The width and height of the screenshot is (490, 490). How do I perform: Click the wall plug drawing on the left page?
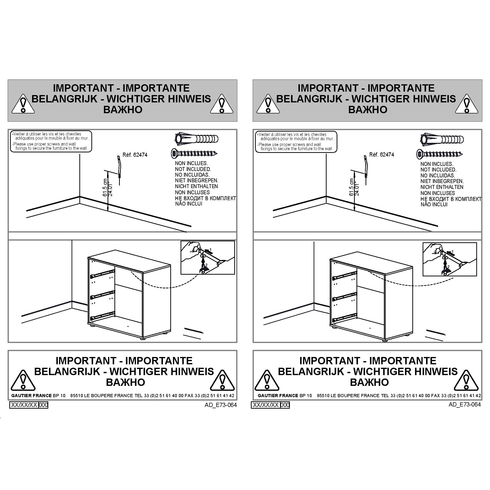[x=196, y=139]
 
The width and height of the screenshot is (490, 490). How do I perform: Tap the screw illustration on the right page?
[x=440, y=154]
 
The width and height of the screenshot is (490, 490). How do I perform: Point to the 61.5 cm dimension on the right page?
[x=352, y=187]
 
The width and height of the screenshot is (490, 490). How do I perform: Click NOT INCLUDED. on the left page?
[x=193, y=169]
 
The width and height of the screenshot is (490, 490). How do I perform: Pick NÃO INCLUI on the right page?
[x=434, y=204]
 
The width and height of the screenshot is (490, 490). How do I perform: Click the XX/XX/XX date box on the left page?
[x=24, y=405]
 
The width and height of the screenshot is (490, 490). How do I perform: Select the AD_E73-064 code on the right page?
[x=465, y=404]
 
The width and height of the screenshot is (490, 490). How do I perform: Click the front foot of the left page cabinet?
[x=143, y=338]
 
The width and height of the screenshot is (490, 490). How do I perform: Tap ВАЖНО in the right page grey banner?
[x=368, y=110]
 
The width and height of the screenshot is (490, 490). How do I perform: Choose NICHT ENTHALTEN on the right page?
[x=442, y=187]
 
